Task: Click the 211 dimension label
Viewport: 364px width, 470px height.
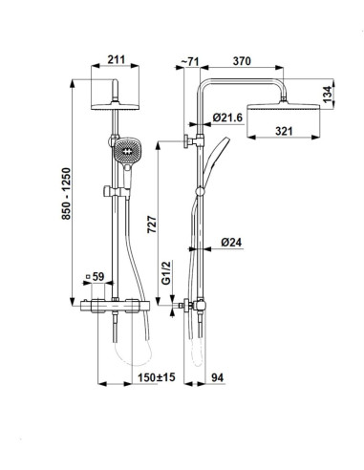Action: pos(116,59)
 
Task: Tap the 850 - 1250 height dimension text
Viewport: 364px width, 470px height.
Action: pos(66,194)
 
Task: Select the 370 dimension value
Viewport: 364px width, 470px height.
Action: pos(242,61)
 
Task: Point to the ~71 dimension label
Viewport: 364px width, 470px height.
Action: pos(190,61)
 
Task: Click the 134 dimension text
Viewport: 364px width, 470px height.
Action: pos(327,95)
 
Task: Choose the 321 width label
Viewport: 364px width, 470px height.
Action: pos(284,131)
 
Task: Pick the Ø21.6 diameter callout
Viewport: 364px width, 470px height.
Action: pos(227,117)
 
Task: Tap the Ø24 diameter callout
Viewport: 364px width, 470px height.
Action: pos(231,243)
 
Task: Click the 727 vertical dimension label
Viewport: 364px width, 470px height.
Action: pos(152,224)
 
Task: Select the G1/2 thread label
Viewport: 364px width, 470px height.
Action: pos(166,272)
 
